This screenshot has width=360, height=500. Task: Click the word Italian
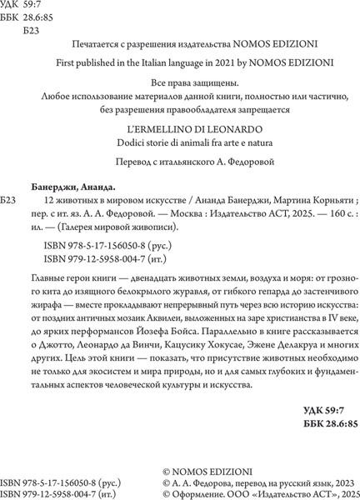pyautogui.click(x=184, y=61)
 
